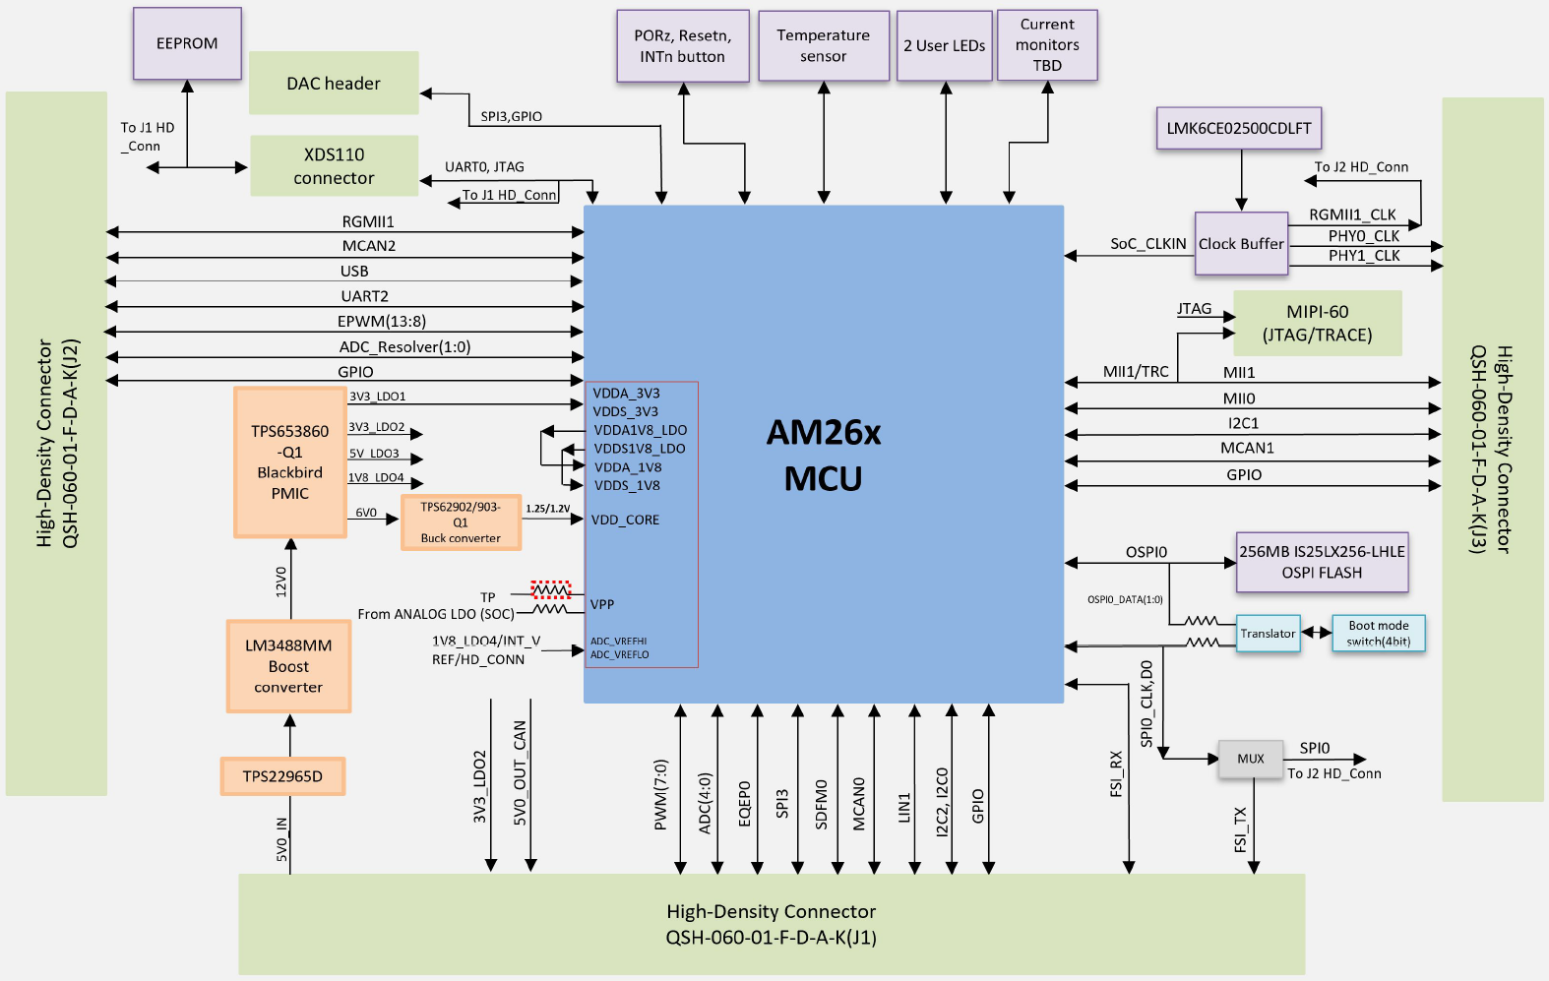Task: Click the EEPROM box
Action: [x=187, y=43]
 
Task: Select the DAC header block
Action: [x=334, y=84]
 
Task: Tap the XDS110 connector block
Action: [x=334, y=166]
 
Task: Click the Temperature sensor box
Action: [x=824, y=46]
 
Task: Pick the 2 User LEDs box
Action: [x=945, y=46]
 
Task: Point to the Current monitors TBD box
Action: [x=1047, y=45]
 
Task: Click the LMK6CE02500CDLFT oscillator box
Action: [x=1239, y=129]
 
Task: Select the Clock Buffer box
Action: [x=1241, y=244]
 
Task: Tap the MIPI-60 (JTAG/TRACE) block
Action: [x=1317, y=323]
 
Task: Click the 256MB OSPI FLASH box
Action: [x=1322, y=562]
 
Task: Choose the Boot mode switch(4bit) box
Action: [x=1378, y=634]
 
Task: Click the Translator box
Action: [x=1268, y=634]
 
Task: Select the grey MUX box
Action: [x=1251, y=759]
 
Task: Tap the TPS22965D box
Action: [x=282, y=776]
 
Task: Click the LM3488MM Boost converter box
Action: [x=288, y=666]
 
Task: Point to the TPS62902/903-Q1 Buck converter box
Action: [x=461, y=522]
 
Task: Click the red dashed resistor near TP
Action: [x=550, y=590]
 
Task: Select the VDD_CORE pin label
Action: [x=625, y=520]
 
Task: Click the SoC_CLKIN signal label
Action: [x=1147, y=244]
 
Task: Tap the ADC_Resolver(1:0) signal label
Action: [x=404, y=347]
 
